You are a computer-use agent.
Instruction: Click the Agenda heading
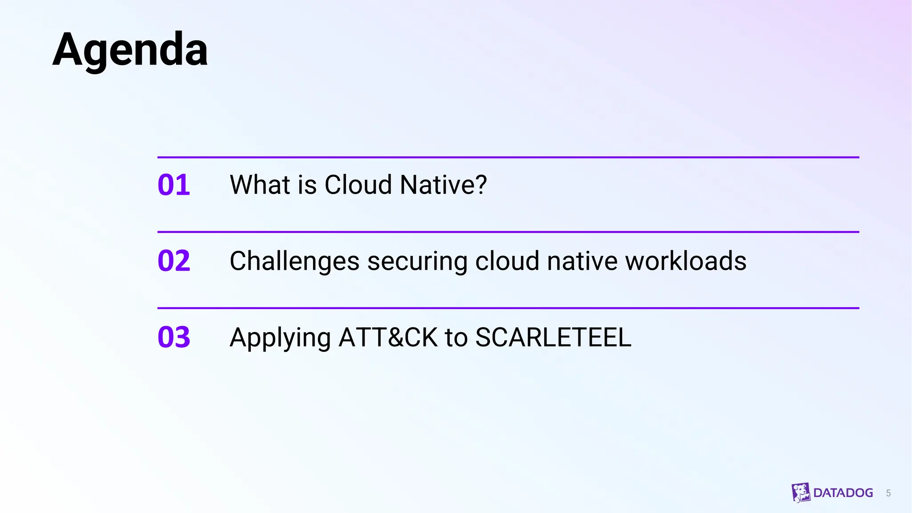coord(130,49)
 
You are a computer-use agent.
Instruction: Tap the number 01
coord(174,185)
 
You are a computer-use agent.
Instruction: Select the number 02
coord(174,261)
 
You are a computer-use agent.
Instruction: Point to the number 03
coord(174,337)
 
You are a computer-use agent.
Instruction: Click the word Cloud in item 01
coord(358,185)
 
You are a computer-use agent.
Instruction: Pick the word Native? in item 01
coord(444,185)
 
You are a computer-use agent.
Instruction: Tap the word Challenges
coord(294,261)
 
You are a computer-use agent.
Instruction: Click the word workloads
coord(686,261)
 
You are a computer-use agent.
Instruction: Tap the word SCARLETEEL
coord(553,337)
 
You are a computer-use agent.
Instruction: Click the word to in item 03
coord(456,338)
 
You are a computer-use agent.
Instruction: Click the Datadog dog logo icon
coord(801,493)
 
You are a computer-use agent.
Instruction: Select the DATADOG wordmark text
coord(843,493)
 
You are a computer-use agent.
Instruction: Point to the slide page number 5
coord(888,493)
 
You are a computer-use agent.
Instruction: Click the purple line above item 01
coord(508,157)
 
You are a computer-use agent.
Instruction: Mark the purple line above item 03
coord(508,308)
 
